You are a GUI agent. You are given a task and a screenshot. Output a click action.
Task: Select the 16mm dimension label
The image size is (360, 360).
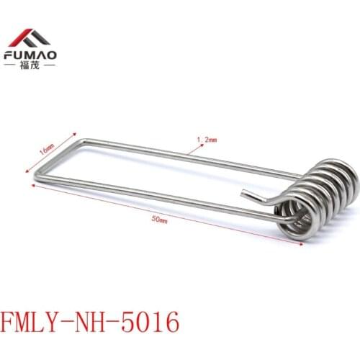click(x=44, y=148)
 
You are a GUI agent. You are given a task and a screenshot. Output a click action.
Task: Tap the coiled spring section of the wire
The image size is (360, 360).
click(x=322, y=197)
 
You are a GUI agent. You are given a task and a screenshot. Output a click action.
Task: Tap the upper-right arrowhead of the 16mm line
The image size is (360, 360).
click(x=76, y=133)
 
